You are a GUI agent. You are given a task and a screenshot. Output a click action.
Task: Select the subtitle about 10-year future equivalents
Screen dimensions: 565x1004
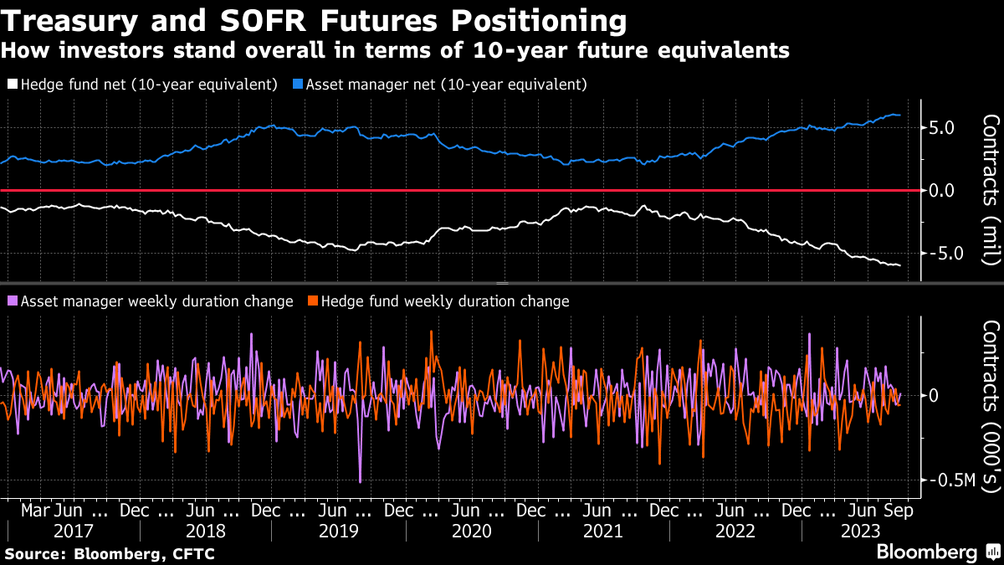(395, 50)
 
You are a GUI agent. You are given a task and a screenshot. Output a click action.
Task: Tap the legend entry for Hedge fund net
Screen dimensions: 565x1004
(142, 85)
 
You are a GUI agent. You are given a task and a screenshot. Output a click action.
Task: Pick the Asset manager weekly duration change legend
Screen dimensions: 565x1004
(151, 300)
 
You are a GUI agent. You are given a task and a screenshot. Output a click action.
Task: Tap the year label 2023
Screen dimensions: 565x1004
(859, 531)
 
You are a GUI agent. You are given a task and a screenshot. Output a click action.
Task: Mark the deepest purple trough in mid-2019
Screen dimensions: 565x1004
(361, 481)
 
